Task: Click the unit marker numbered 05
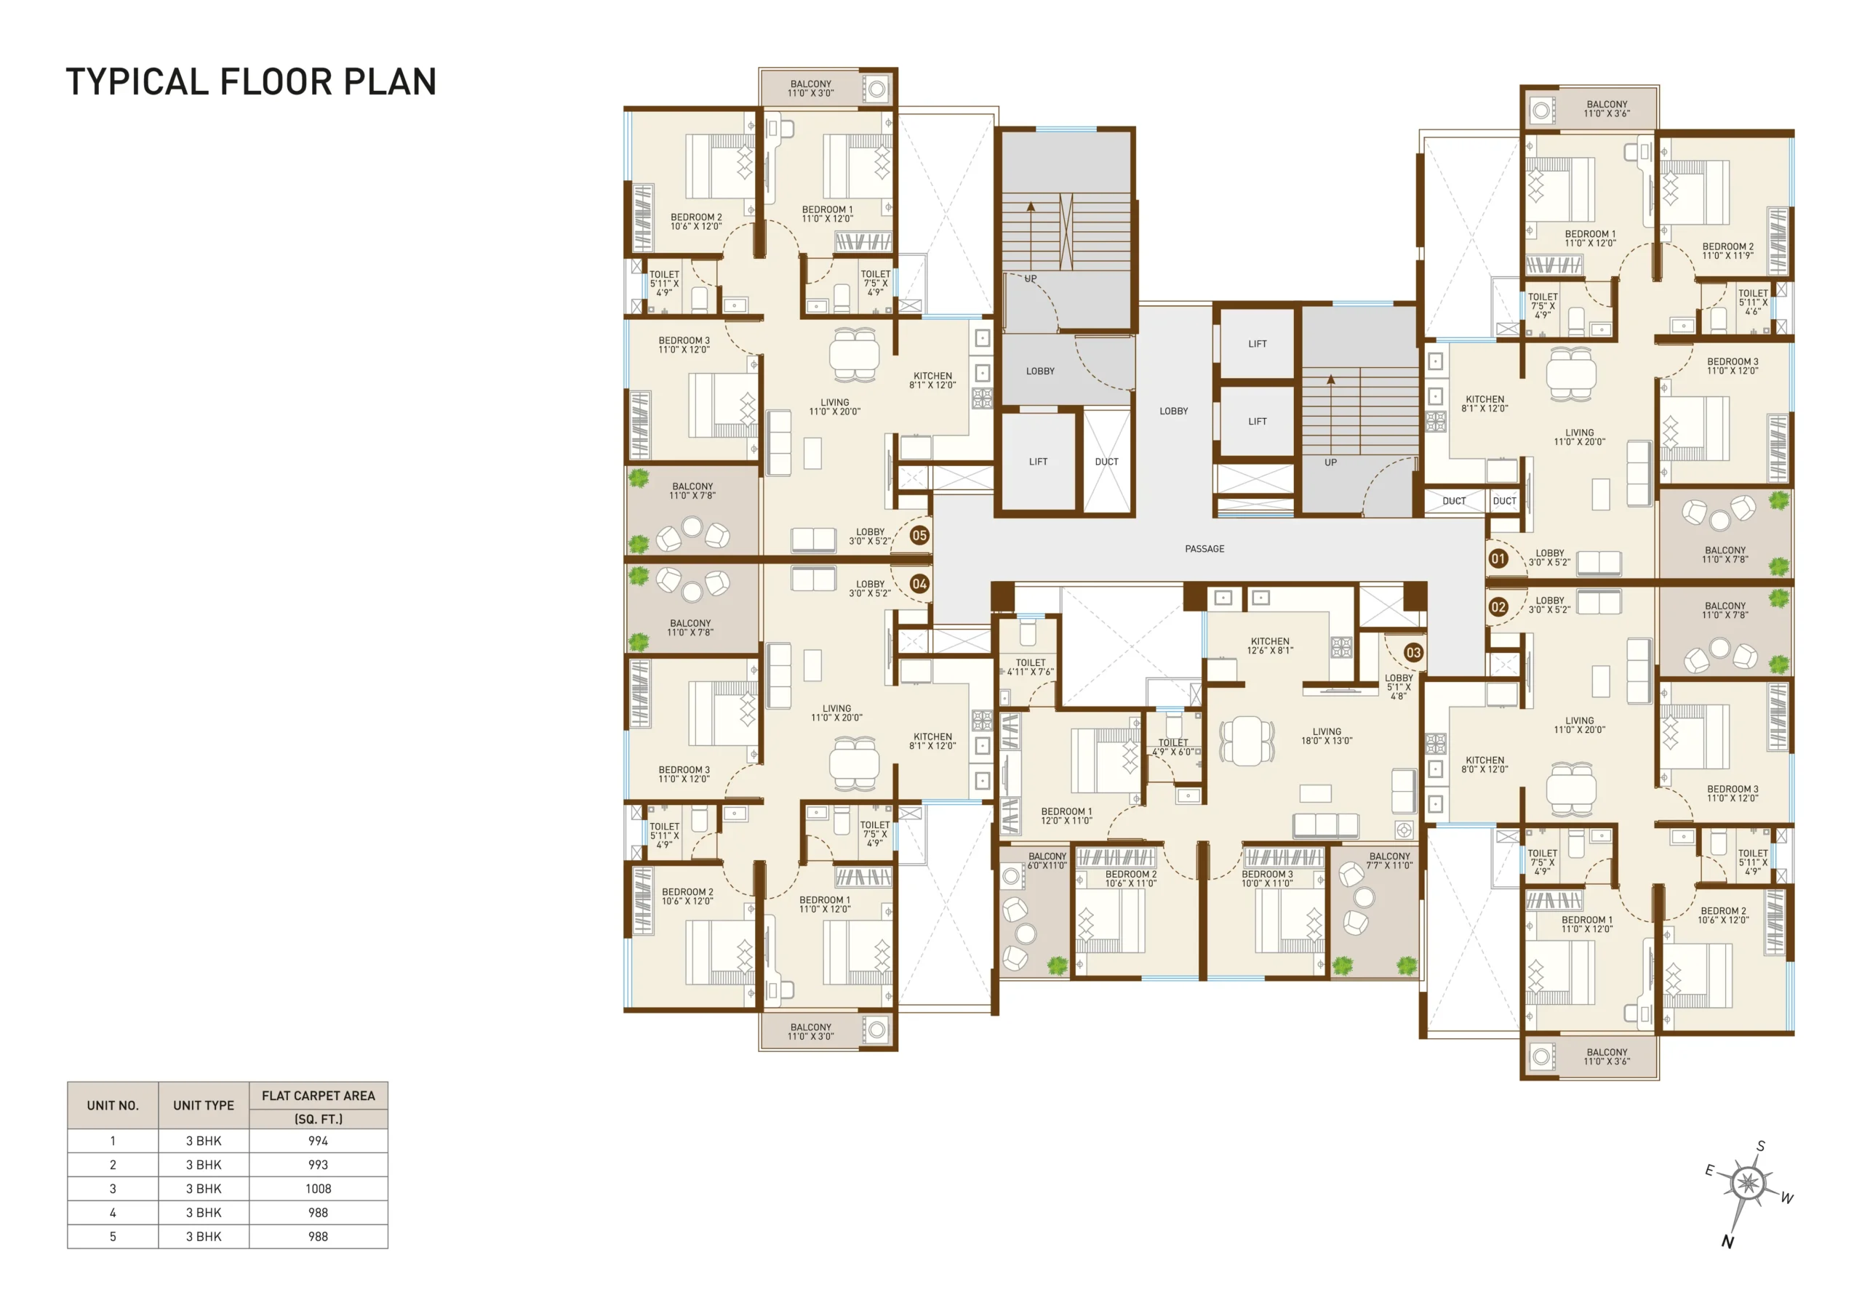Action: tap(919, 535)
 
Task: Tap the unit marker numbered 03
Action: tap(1413, 653)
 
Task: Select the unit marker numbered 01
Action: tap(1498, 558)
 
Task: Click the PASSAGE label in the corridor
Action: tap(1204, 549)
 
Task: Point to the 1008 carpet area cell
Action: tap(318, 1189)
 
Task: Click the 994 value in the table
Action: tap(318, 1141)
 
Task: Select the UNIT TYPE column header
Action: tap(204, 1105)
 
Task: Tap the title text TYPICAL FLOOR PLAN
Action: tap(252, 82)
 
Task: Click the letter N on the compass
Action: tap(1727, 1243)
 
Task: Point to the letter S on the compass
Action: tap(1761, 1147)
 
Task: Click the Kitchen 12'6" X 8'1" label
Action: tap(1270, 646)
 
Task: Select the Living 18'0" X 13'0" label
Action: tap(1327, 737)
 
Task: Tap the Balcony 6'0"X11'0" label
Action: tap(1047, 861)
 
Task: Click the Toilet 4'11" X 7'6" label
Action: tap(1031, 667)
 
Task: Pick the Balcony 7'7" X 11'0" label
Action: tap(1389, 861)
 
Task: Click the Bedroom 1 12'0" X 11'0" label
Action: tap(1066, 817)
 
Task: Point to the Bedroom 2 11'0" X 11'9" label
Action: tap(1727, 252)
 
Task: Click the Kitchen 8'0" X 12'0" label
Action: tap(1485, 765)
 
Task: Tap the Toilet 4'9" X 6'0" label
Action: tap(1172, 747)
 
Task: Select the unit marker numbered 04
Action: tap(919, 584)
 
